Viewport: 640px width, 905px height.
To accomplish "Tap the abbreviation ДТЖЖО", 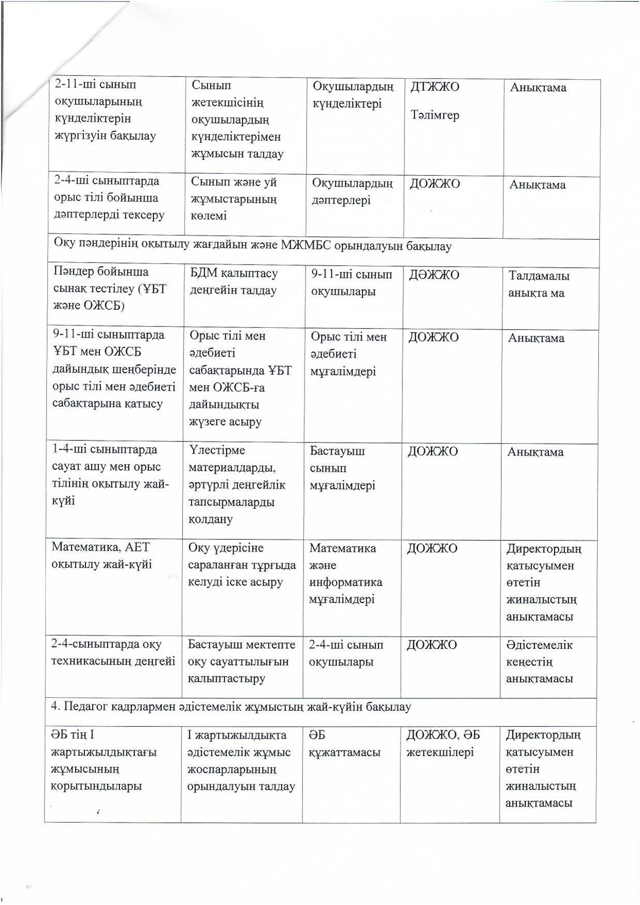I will pyautogui.click(x=434, y=87).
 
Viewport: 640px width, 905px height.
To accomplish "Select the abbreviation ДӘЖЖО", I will pyautogui.click(x=434, y=275).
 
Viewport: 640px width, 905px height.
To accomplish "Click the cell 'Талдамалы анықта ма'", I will pyautogui.click(x=538, y=284).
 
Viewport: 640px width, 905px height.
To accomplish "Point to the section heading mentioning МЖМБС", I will pyautogui.click(x=252, y=246).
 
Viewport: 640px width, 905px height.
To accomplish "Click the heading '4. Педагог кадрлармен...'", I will pyautogui.click(x=231, y=706).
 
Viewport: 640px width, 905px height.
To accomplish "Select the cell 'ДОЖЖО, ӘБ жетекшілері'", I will pyautogui.click(x=443, y=743).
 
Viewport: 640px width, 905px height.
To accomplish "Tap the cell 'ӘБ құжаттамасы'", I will pyautogui.click(x=344, y=744).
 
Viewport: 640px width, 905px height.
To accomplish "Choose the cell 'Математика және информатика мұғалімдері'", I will pyautogui.click(x=345, y=573).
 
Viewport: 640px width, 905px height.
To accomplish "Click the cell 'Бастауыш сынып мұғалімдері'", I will pyautogui.click(x=342, y=468).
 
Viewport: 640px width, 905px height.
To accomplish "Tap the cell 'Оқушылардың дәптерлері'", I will pyautogui.click(x=352, y=191).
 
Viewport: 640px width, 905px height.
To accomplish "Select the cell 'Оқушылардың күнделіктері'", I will pyautogui.click(x=352, y=95).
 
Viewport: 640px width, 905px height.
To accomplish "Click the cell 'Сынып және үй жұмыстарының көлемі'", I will pyautogui.click(x=234, y=199).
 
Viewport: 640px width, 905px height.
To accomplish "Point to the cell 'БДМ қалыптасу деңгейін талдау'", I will pyautogui.click(x=233, y=282).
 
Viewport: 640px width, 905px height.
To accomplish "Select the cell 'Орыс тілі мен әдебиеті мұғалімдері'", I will pyautogui.click(x=348, y=354).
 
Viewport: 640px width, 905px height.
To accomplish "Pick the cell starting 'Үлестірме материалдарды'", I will pyautogui.click(x=237, y=484).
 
